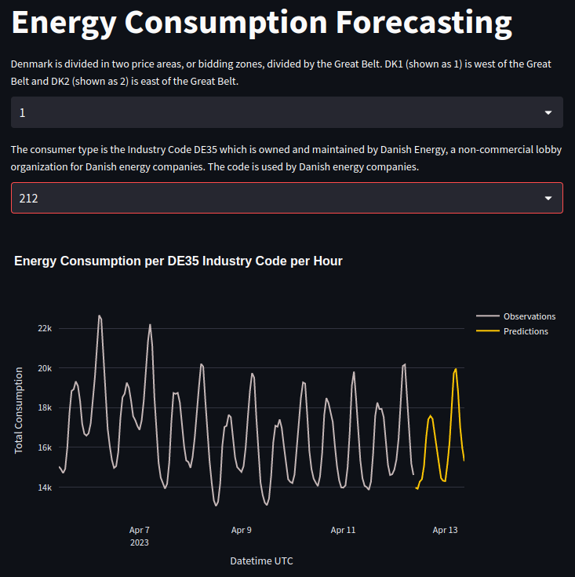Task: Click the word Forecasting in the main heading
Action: tap(424, 24)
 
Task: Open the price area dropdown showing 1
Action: tap(286, 112)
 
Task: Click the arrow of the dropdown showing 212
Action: tap(548, 199)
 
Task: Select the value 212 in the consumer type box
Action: tap(29, 199)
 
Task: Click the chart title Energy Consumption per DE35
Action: tap(178, 261)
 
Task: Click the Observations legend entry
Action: tap(529, 316)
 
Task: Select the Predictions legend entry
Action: tap(526, 331)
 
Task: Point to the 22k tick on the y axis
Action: tap(45, 328)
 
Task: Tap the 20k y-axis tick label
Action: tap(45, 368)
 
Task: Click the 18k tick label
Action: tap(45, 407)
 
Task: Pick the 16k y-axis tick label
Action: tap(45, 447)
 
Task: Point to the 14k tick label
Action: tap(45, 488)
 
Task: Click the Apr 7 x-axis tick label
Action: tap(139, 530)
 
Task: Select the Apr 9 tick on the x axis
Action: tap(242, 530)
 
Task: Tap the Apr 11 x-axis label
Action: tap(343, 530)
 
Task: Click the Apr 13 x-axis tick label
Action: tap(445, 530)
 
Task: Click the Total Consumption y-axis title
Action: tap(20, 409)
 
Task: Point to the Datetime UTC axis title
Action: tap(261, 561)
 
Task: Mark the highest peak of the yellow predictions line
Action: tap(456, 369)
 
